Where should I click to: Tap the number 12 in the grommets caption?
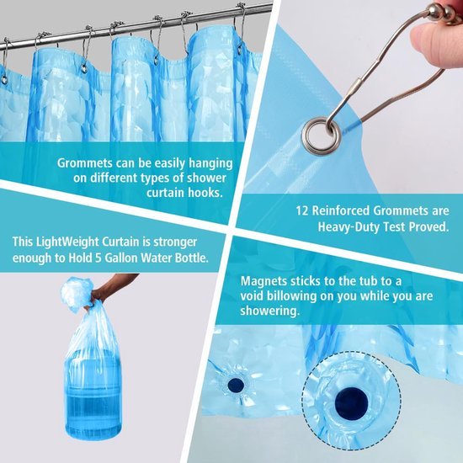click(302, 212)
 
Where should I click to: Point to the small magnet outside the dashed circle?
click(237, 385)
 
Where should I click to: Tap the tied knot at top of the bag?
click(77, 296)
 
